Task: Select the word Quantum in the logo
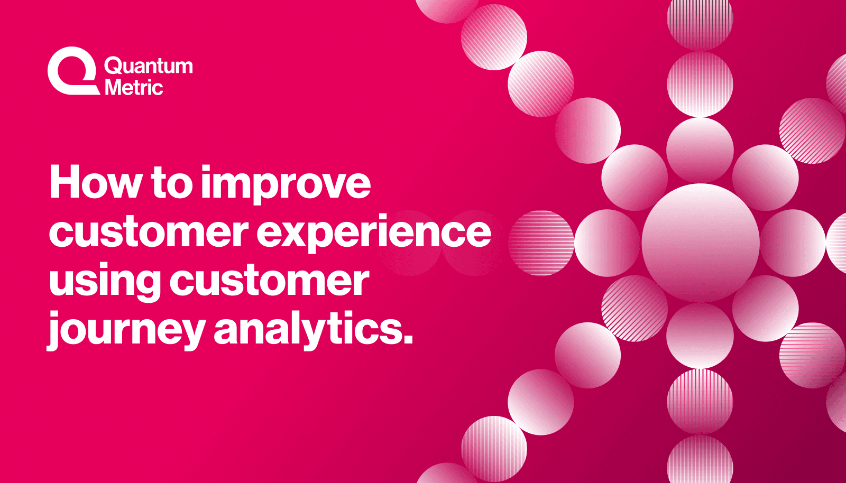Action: [x=149, y=66]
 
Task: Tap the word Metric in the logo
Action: [x=134, y=87]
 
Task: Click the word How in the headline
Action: [x=96, y=183]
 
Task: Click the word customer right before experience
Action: [x=149, y=232]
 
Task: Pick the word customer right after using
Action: [x=269, y=281]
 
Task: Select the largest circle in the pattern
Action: [x=700, y=243]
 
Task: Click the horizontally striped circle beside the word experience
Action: [x=541, y=243]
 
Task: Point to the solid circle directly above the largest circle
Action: [x=700, y=150]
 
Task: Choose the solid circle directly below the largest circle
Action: [x=700, y=336]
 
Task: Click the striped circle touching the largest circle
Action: [x=634, y=309]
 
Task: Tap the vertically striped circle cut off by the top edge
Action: [x=700, y=21]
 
